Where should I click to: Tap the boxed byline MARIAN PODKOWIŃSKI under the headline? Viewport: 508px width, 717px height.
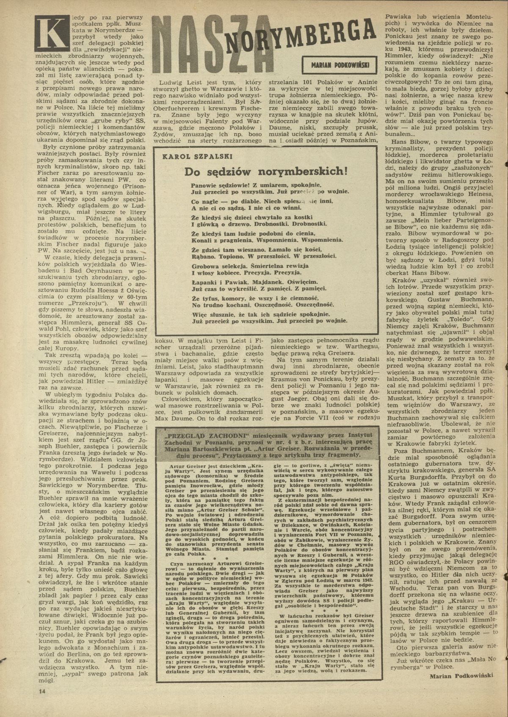(x=340, y=64)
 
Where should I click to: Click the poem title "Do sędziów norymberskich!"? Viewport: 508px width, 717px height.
(x=266, y=172)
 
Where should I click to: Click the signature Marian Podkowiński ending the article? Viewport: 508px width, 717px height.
(x=461, y=676)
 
